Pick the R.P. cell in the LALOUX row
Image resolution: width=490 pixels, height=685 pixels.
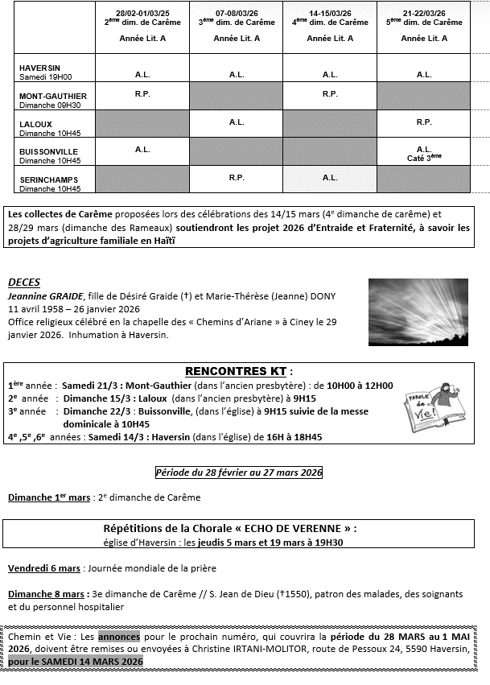pyautogui.click(x=423, y=122)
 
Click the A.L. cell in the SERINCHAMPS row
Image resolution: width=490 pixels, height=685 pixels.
pyautogui.click(x=330, y=177)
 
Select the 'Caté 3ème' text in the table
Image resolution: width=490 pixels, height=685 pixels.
pyautogui.click(x=424, y=159)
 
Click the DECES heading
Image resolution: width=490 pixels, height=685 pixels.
pyautogui.click(x=24, y=283)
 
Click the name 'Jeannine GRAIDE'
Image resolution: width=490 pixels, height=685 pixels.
pyautogui.click(x=41, y=295)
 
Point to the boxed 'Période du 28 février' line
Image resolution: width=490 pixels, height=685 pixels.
pyautogui.click(x=238, y=472)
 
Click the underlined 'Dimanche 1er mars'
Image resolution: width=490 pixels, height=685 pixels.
pyautogui.click(x=49, y=497)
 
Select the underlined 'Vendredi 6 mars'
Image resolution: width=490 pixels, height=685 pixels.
pyautogui.click(x=44, y=567)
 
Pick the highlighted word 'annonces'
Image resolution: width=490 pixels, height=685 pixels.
pyautogui.click(x=118, y=635)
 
